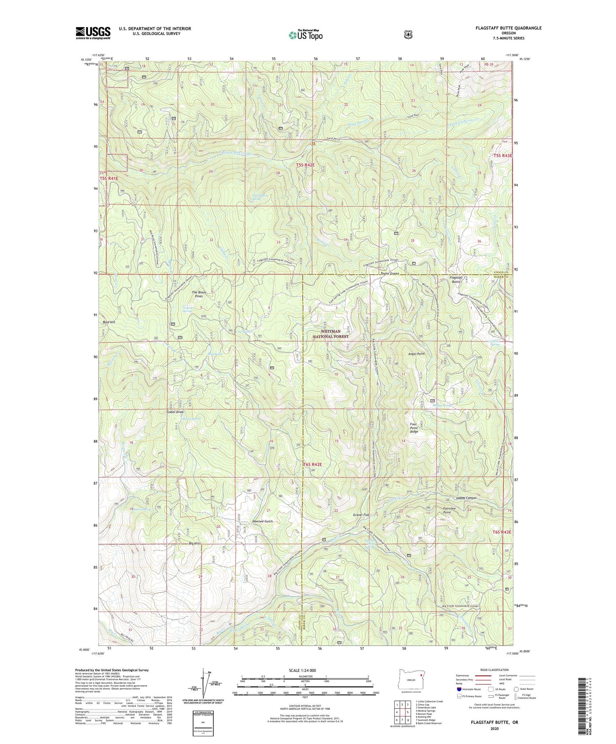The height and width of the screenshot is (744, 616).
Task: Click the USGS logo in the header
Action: coord(93,33)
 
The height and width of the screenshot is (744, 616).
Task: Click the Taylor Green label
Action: coord(390,273)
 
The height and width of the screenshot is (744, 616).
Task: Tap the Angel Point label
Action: coord(416,353)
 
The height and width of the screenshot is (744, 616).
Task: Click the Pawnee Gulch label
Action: coord(263,521)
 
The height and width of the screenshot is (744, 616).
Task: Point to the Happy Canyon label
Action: coord(466,498)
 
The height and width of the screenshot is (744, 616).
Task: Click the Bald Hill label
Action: coord(109,322)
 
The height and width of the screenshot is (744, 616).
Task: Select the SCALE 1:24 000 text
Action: coord(303,670)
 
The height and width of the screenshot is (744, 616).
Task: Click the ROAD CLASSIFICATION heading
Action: coord(496,670)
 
